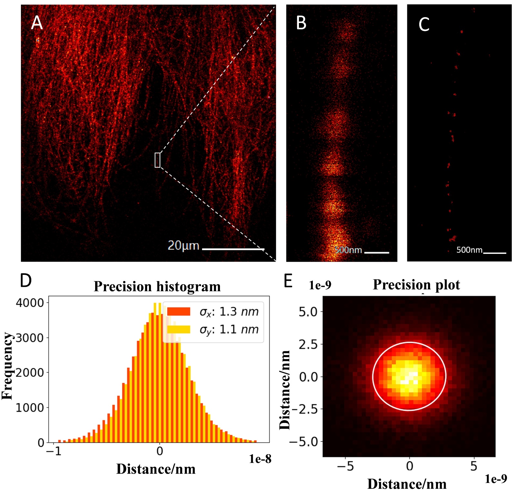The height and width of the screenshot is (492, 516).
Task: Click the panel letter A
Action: [37, 23]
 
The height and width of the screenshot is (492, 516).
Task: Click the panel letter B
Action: [301, 23]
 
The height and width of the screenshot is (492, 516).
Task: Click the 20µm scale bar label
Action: [183, 246]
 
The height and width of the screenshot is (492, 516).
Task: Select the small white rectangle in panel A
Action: [157, 160]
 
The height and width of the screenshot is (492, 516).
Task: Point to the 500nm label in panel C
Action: [469, 250]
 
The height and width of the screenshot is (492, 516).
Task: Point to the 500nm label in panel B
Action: [348, 250]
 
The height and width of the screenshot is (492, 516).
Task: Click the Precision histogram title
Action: [157, 286]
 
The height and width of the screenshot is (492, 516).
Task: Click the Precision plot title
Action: [416, 285]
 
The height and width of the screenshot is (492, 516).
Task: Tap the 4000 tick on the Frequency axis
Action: [30, 303]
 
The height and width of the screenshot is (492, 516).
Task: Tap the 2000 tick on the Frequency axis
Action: [30, 373]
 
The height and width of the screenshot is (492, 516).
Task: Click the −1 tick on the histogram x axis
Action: [54, 451]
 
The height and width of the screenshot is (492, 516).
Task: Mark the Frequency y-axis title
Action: [7, 366]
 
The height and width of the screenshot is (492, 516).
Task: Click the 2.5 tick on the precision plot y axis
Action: [308, 344]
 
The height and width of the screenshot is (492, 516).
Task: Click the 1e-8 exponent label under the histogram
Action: [260, 459]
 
